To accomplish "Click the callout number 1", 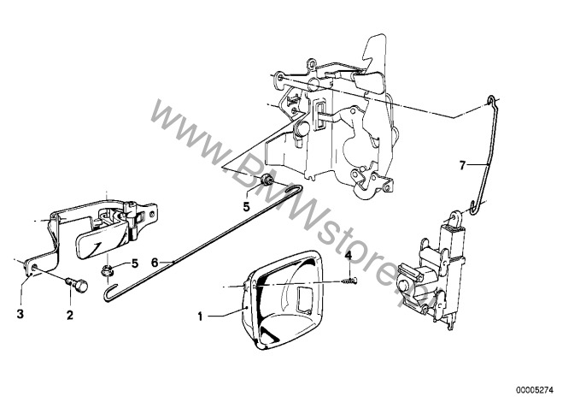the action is coord(200,316).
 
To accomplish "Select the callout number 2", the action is coord(70,316).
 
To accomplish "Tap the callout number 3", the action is coord(21,314).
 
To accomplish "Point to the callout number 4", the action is coord(349,256).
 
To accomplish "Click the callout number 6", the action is coord(155,263).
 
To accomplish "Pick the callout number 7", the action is coord(462,165).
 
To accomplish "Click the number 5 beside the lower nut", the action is coord(135,263).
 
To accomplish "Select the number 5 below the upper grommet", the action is coord(246,207).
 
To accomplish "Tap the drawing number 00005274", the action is coord(535,390).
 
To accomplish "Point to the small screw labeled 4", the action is coord(349,280).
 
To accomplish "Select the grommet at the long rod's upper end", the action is coord(267,180).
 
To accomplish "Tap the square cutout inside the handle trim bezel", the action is coord(305,299).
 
